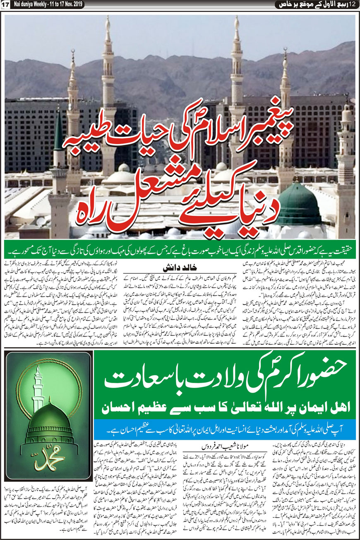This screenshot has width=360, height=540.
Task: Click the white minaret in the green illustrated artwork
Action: tap(38, 389)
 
